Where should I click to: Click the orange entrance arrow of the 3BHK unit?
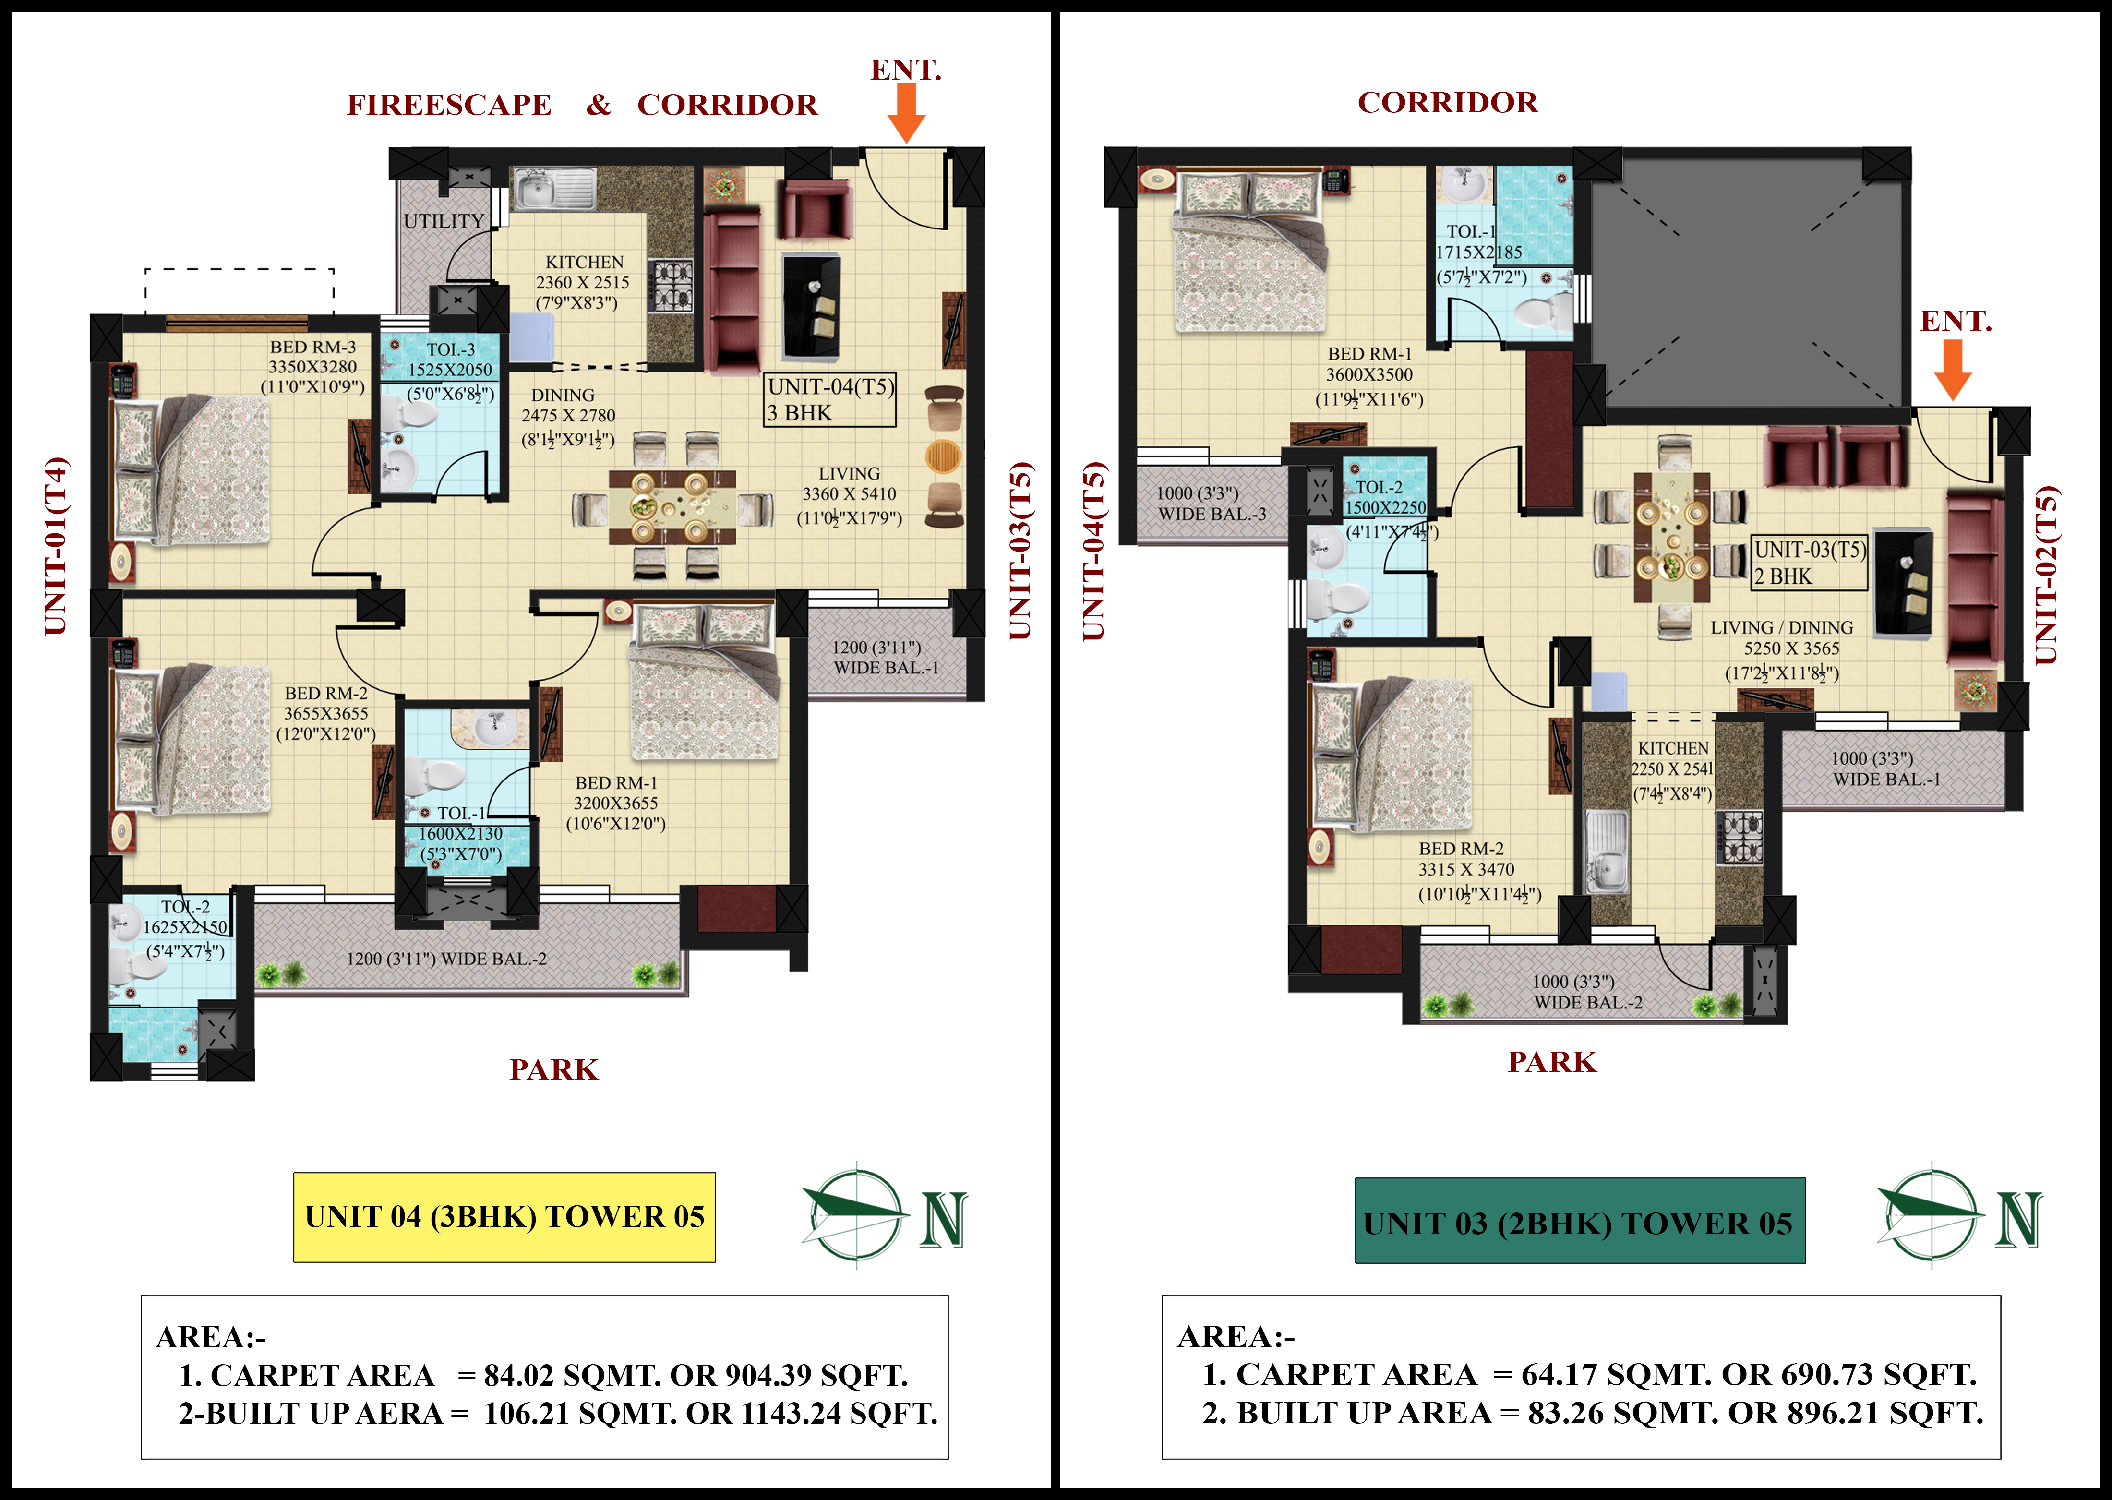click(x=906, y=115)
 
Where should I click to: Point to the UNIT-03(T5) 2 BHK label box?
click(x=1809, y=563)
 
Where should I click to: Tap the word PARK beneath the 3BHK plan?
click(x=554, y=1069)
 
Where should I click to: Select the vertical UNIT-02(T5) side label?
click(x=2046, y=575)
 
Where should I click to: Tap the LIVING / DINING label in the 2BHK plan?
click(x=1781, y=628)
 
